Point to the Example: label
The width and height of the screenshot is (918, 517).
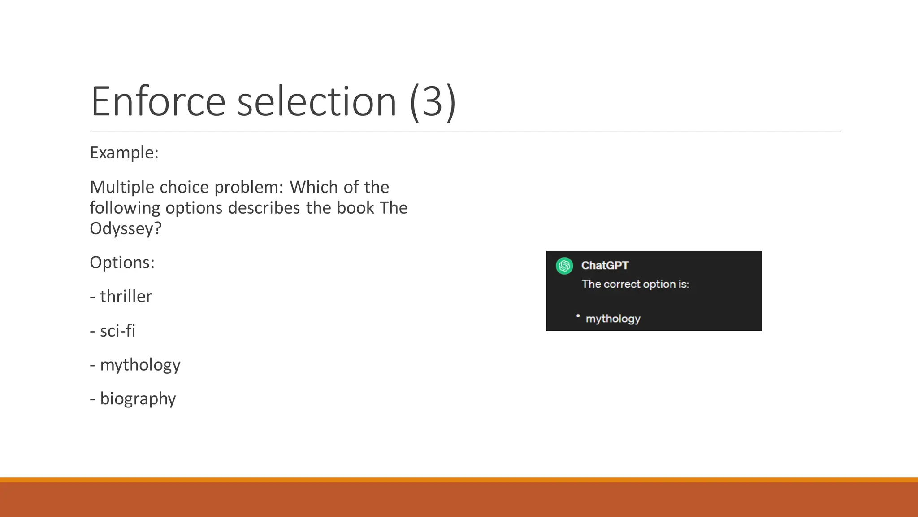[x=124, y=153]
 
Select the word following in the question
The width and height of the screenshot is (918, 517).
[x=125, y=208]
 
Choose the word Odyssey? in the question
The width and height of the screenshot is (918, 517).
[x=126, y=228]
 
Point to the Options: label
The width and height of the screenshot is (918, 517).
[x=122, y=263]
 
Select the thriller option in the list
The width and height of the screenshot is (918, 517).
[x=126, y=297]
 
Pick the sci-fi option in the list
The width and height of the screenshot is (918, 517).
[x=117, y=331]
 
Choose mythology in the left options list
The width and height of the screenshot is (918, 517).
[x=140, y=365]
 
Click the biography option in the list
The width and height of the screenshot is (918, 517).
[x=138, y=399]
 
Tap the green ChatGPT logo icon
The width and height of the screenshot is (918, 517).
[x=564, y=266]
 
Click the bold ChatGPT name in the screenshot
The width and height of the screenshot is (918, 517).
[x=605, y=266]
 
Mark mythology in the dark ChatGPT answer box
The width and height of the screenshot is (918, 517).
[x=613, y=319]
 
